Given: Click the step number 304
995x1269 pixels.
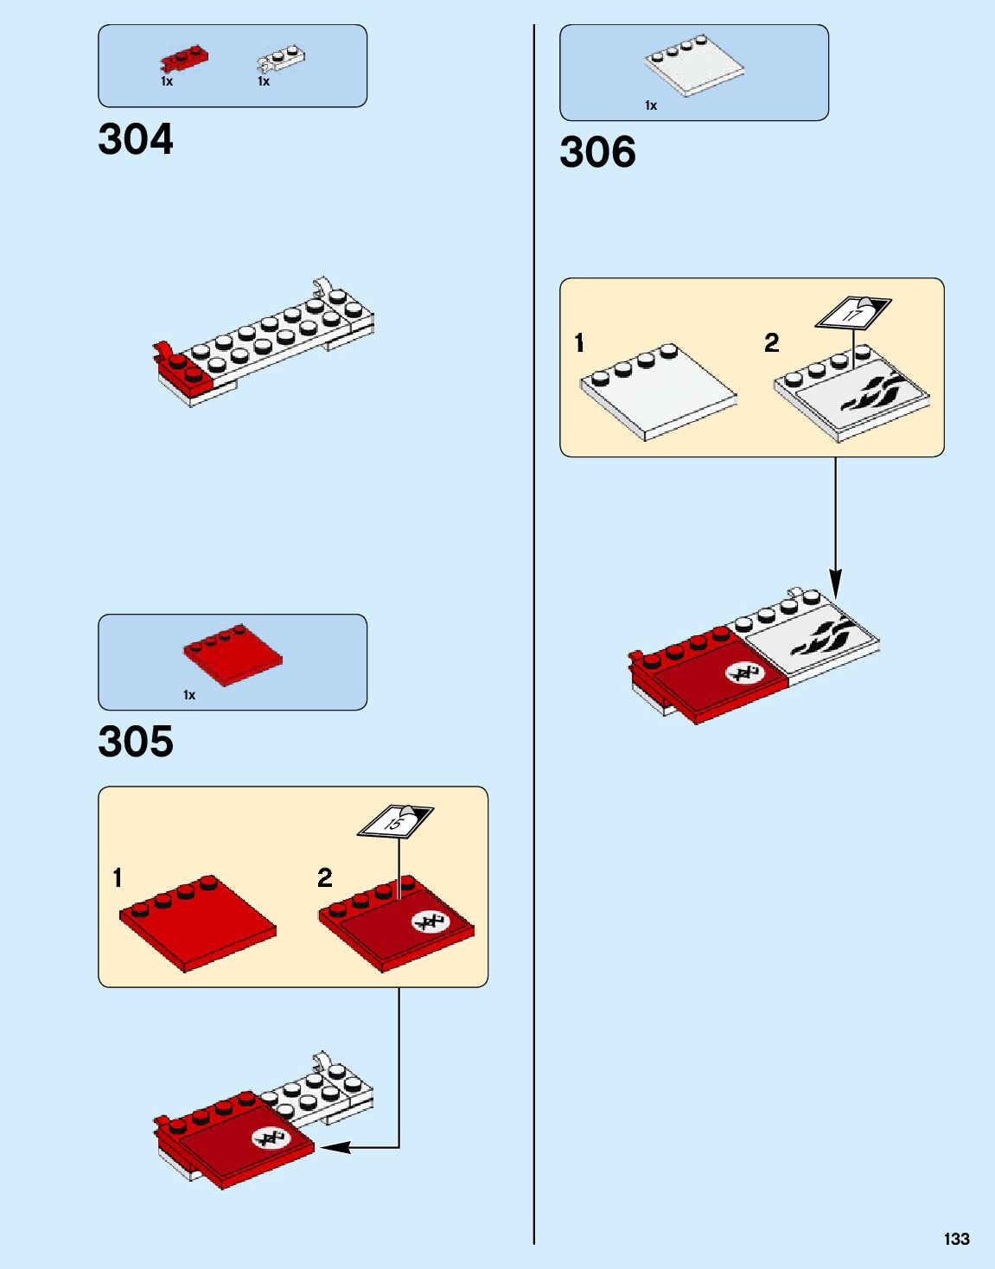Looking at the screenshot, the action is [136, 139].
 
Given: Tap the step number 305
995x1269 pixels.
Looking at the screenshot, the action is [136, 742].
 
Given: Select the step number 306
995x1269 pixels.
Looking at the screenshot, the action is [597, 152].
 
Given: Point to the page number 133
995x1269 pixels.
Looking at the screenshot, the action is [956, 1239].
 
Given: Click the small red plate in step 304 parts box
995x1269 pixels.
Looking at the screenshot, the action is [184, 59].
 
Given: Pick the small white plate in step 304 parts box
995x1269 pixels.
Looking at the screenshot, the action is [281, 59].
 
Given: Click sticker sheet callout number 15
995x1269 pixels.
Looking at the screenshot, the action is [395, 821].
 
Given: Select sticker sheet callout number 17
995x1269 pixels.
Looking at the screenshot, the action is [853, 313].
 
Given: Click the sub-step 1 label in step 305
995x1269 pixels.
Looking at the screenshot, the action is [118, 878].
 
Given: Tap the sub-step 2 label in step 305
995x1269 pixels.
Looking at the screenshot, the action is [325, 878].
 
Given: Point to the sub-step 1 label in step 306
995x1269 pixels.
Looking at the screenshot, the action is [579, 343].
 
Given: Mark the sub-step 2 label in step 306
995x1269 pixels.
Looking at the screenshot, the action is [772, 343].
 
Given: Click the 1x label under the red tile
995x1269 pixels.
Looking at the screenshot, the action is [189, 695].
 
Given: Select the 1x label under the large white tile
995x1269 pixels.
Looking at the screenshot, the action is [651, 105].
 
